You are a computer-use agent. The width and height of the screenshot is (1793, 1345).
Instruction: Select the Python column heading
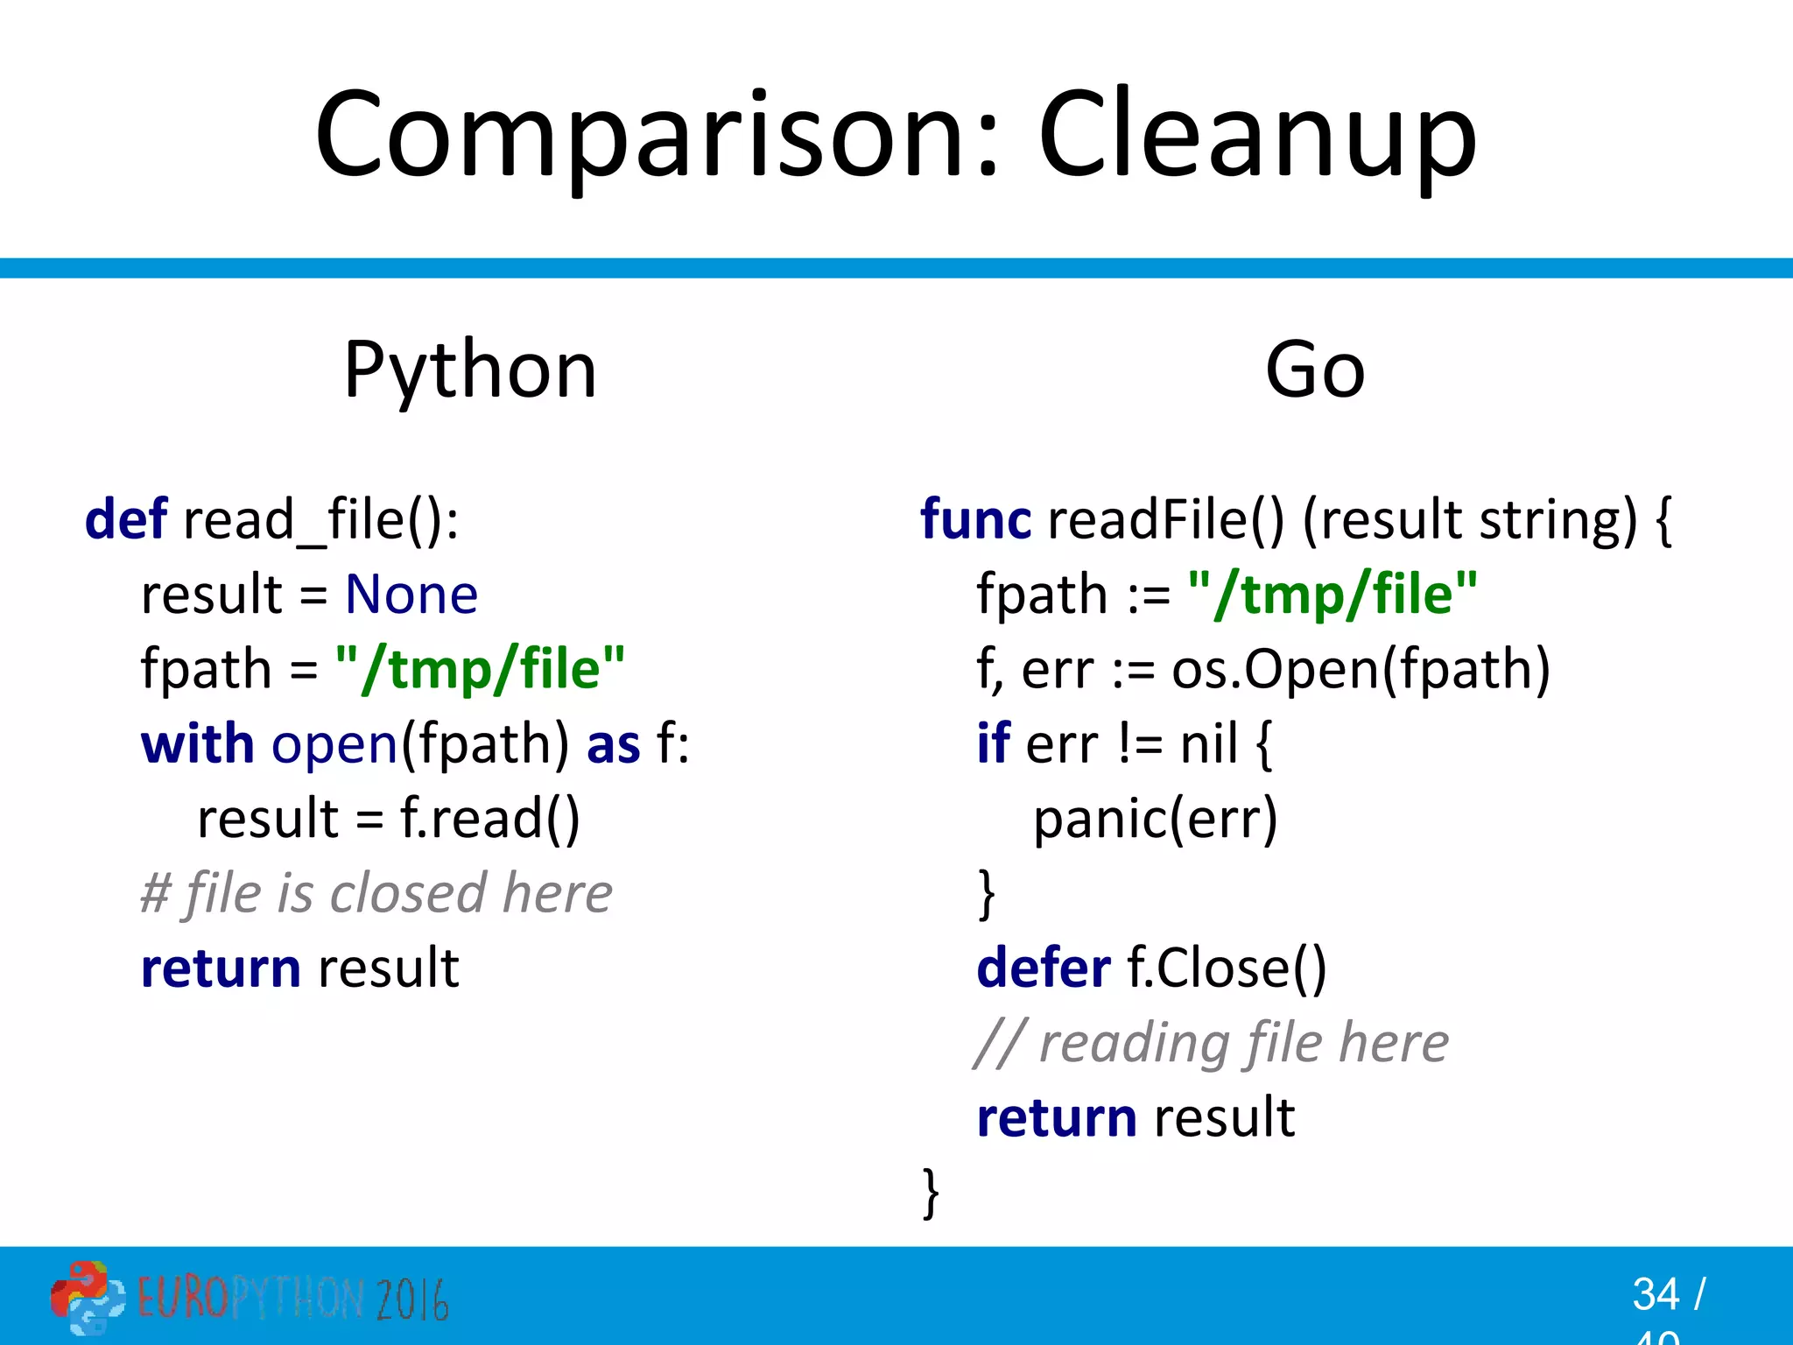point(470,371)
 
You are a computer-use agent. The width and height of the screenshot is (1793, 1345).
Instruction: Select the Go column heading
point(1315,371)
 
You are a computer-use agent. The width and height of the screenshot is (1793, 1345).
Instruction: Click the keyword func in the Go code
point(975,519)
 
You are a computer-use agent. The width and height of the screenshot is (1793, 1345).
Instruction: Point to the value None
point(411,595)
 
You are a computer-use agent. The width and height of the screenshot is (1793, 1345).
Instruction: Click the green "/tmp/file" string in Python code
point(480,669)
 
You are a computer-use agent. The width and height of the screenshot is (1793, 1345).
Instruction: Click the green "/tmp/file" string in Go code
point(1332,595)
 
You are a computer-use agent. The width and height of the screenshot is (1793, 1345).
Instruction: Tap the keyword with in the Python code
point(197,744)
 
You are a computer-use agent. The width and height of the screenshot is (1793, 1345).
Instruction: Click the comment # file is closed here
point(376,893)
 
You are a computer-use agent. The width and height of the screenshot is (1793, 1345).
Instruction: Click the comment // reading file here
point(1211,1043)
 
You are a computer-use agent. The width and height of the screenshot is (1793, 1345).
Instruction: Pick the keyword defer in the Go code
point(1043,968)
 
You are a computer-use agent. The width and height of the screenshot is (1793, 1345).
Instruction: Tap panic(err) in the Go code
point(1155,820)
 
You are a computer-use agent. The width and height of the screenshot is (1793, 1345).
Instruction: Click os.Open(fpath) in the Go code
point(1361,670)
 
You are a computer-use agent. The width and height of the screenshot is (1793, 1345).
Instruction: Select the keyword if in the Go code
point(994,744)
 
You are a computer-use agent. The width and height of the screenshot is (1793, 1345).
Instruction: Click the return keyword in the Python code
point(221,968)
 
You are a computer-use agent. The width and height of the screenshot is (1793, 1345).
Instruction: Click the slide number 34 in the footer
point(1655,1294)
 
